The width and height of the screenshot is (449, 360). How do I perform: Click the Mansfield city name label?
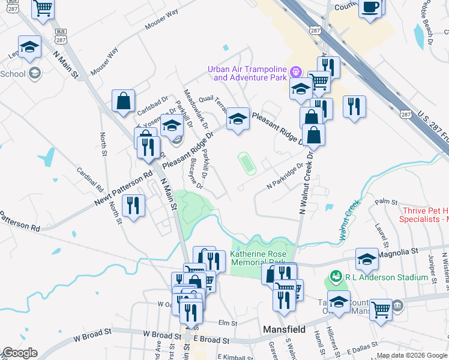pyautogui.click(x=285, y=329)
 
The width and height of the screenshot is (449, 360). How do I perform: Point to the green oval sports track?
pyautogui.click(x=247, y=163)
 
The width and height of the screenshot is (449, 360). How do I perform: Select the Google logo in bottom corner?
pyautogui.click(x=20, y=353)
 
